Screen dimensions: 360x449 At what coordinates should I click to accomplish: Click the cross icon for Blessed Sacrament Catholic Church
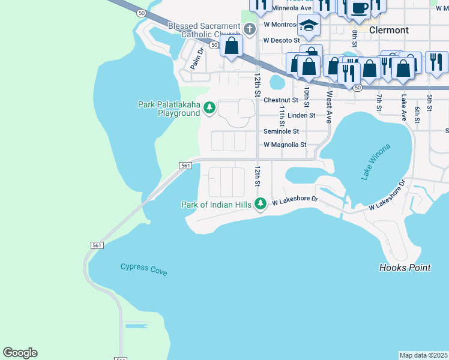tap(250, 29)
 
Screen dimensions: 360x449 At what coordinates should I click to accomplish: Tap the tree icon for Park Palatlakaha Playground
tap(209, 108)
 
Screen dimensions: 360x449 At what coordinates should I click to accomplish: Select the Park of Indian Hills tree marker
tap(261, 204)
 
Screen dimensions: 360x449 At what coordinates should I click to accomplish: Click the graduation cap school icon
tap(309, 25)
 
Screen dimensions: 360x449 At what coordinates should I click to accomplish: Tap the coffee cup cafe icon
tap(360, 8)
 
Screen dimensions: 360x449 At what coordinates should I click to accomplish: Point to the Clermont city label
tap(389, 30)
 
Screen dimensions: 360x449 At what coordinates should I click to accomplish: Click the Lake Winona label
tap(376, 162)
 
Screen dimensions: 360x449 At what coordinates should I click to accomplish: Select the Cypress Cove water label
tap(143, 268)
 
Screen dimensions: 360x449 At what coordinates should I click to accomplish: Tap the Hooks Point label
tap(405, 268)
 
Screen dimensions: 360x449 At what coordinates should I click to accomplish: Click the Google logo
tap(20, 353)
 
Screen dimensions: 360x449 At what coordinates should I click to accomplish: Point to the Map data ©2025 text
tap(423, 355)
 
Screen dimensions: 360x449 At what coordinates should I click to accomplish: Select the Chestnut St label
tap(280, 100)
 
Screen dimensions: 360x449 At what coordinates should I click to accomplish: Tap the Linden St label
tap(301, 115)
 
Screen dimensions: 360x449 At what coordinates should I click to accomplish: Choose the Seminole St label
tap(282, 131)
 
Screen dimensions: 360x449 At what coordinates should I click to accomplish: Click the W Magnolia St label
tap(285, 145)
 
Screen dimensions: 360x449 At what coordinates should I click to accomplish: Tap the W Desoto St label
tap(282, 40)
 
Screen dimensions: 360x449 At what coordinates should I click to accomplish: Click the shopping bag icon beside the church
tap(231, 46)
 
